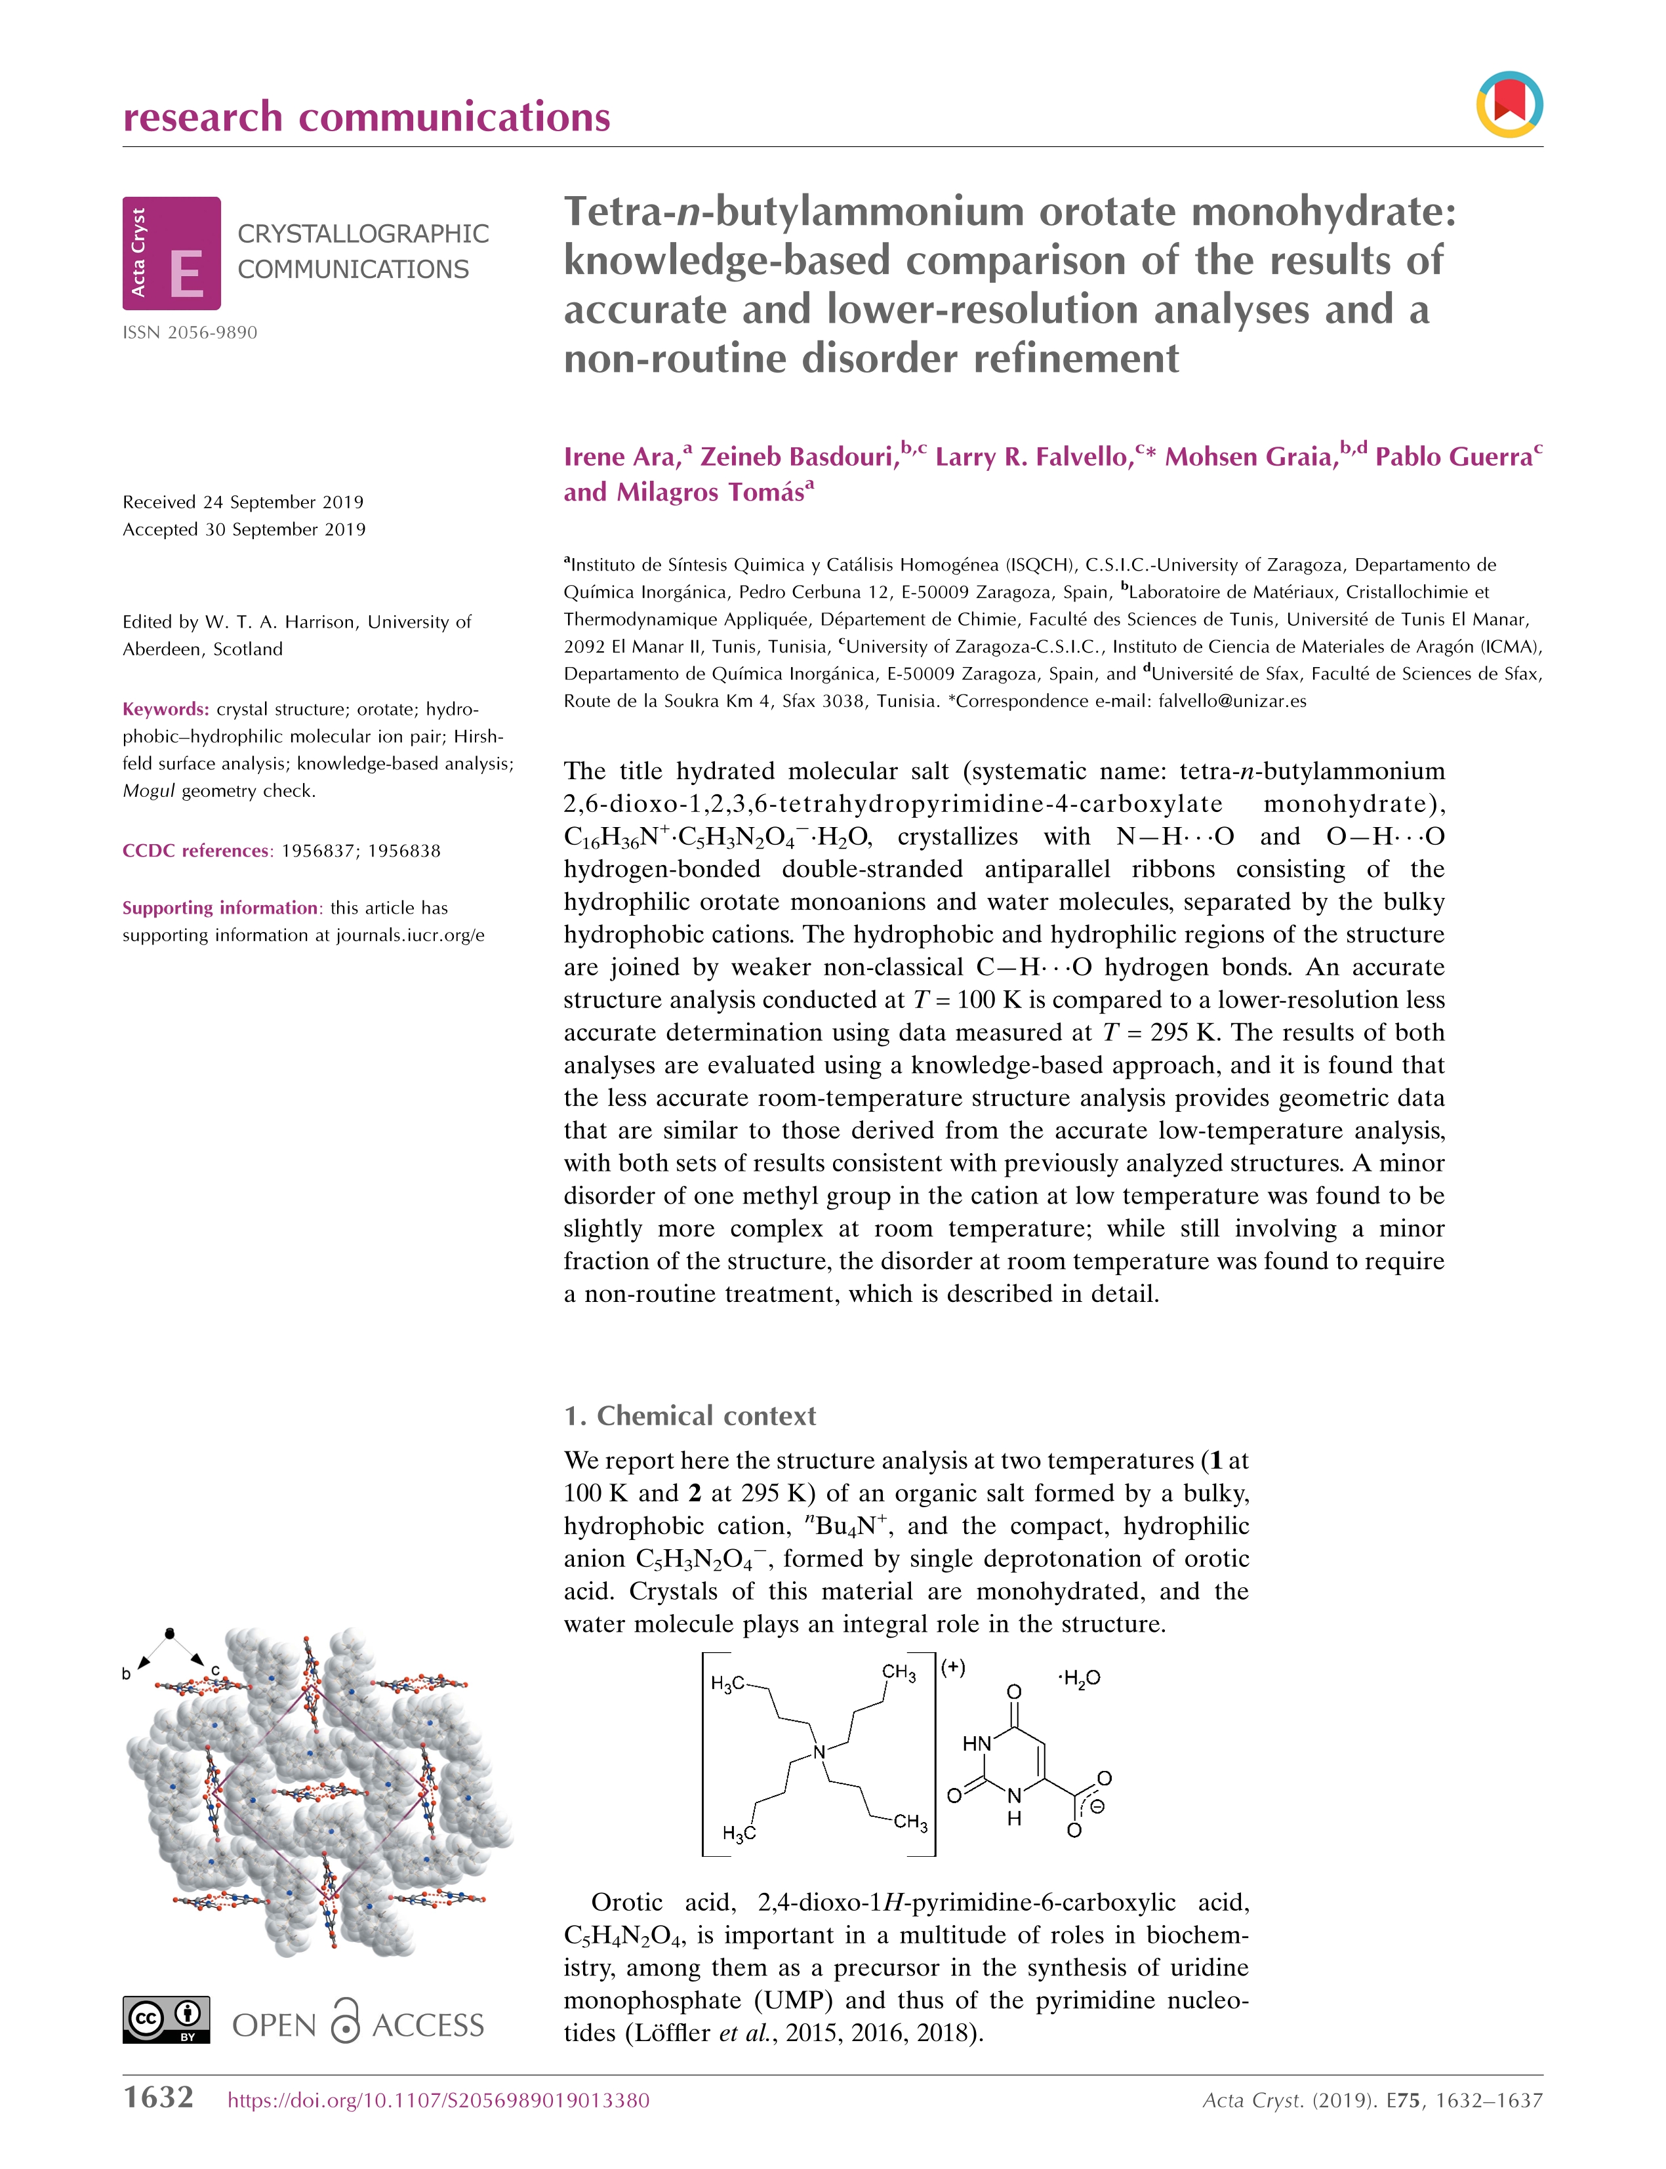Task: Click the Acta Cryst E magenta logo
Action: coord(172,253)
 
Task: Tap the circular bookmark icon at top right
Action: coord(1509,104)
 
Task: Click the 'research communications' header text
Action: coord(366,117)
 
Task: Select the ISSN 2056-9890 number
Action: coord(190,333)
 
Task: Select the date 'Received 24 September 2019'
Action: coord(243,502)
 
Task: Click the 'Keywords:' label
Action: coord(165,709)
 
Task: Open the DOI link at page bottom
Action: coord(438,2099)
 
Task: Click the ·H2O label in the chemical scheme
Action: coord(1079,1678)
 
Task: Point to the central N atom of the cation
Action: coord(819,1753)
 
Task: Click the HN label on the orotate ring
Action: coord(976,1743)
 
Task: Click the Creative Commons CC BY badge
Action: coord(167,2019)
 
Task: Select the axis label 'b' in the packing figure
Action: coord(126,1673)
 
